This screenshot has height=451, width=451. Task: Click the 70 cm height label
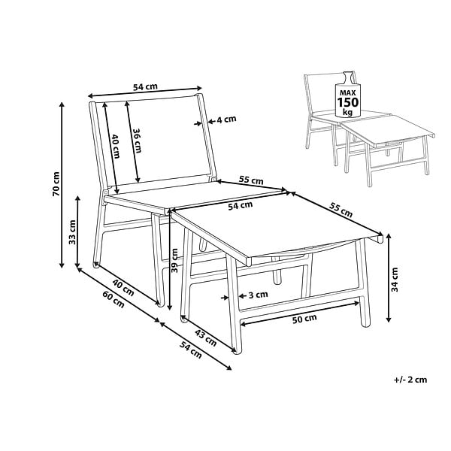56,184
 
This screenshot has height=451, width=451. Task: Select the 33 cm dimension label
72,232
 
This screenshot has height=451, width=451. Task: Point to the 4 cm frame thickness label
226,119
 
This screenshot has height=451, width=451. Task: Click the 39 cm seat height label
174,260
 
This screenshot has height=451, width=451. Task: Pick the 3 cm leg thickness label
258,295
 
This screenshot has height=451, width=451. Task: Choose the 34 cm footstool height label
395,280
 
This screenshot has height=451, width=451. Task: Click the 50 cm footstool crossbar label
304,319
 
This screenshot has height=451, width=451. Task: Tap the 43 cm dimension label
206,337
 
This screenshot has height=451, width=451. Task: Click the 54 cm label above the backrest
145,86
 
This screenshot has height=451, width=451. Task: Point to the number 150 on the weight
348,102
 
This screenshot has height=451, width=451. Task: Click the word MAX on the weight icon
348,93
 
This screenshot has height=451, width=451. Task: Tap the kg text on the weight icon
348,111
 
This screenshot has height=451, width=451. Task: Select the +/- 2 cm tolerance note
410,380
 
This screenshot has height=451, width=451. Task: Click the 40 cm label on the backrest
116,146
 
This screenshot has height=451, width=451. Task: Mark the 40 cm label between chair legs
123,288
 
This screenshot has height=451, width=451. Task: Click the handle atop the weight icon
347,77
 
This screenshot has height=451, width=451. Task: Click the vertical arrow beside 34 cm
389,277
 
